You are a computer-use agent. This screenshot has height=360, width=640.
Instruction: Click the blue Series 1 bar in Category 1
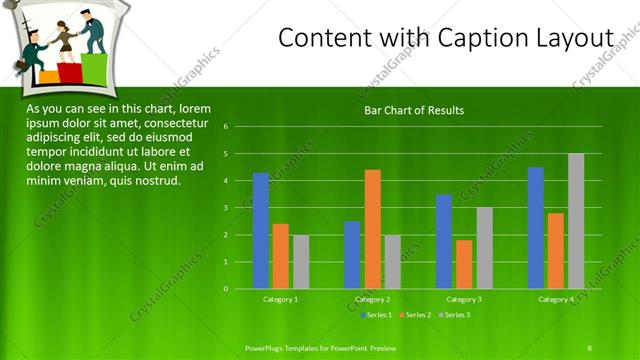click(x=261, y=231)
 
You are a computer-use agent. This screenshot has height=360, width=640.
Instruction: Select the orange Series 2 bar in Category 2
click(x=372, y=229)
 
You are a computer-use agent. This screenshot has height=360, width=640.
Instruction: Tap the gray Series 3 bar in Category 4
click(x=576, y=221)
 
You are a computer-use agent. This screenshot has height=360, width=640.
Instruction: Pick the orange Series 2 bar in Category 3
click(x=464, y=264)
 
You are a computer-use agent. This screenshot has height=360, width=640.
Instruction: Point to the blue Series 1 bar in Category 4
click(x=536, y=228)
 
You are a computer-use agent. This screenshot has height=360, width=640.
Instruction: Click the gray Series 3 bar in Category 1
click(x=301, y=262)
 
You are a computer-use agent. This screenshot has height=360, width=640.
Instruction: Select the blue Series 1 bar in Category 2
click(x=352, y=255)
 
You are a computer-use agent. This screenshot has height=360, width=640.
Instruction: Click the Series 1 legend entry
click(x=375, y=315)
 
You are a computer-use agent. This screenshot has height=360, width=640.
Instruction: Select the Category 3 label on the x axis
click(x=464, y=299)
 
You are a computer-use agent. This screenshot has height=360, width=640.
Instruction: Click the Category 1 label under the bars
click(x=281, y=299)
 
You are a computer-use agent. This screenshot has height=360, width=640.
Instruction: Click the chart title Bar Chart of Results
click(x=414, y=110)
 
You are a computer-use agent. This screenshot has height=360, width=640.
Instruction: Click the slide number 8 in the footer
click(x=589, y=347)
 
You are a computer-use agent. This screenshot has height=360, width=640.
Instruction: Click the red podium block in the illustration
click(x=70, y=73)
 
